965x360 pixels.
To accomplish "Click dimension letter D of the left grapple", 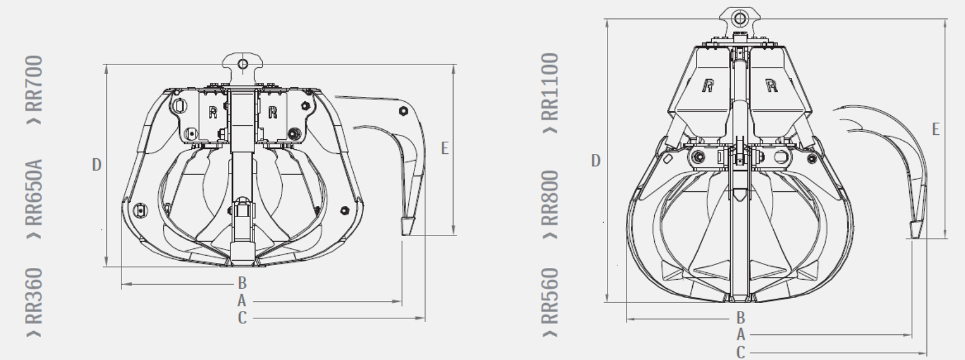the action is click(96, 165).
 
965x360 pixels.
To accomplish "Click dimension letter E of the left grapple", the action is click(445, 148).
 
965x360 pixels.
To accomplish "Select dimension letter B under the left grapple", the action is click(242, 283).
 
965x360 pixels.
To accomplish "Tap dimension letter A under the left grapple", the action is click(242, 301).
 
